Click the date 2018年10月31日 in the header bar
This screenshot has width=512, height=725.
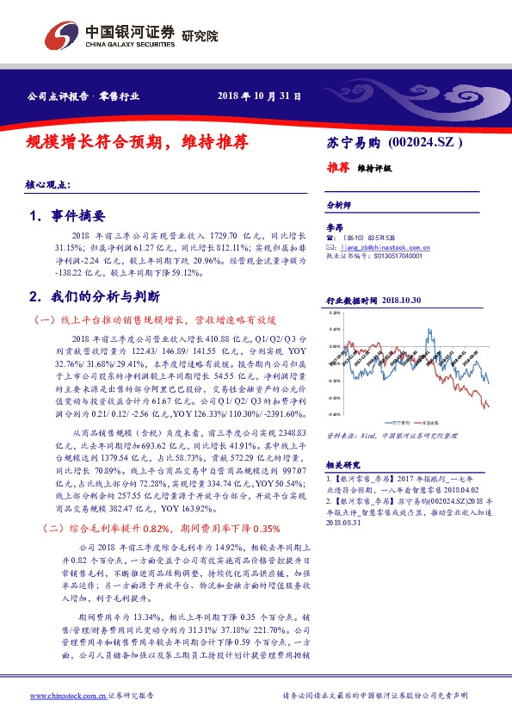tap(259, 96)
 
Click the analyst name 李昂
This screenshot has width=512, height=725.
tap(335, 226)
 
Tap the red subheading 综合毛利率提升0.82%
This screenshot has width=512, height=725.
tap(113, 528)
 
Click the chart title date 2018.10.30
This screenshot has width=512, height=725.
tap(399, 301)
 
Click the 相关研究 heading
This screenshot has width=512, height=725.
tap(342, 462)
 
